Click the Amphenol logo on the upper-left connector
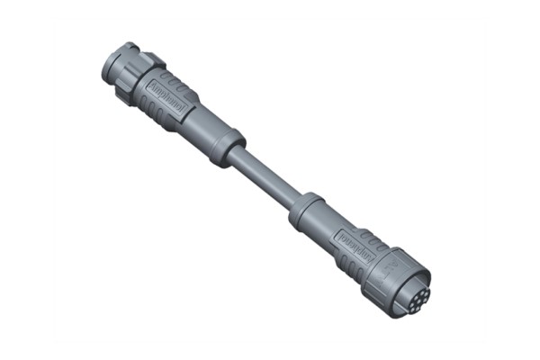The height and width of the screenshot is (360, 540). (166, 94)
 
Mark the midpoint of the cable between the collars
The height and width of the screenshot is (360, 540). (265, 177)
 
